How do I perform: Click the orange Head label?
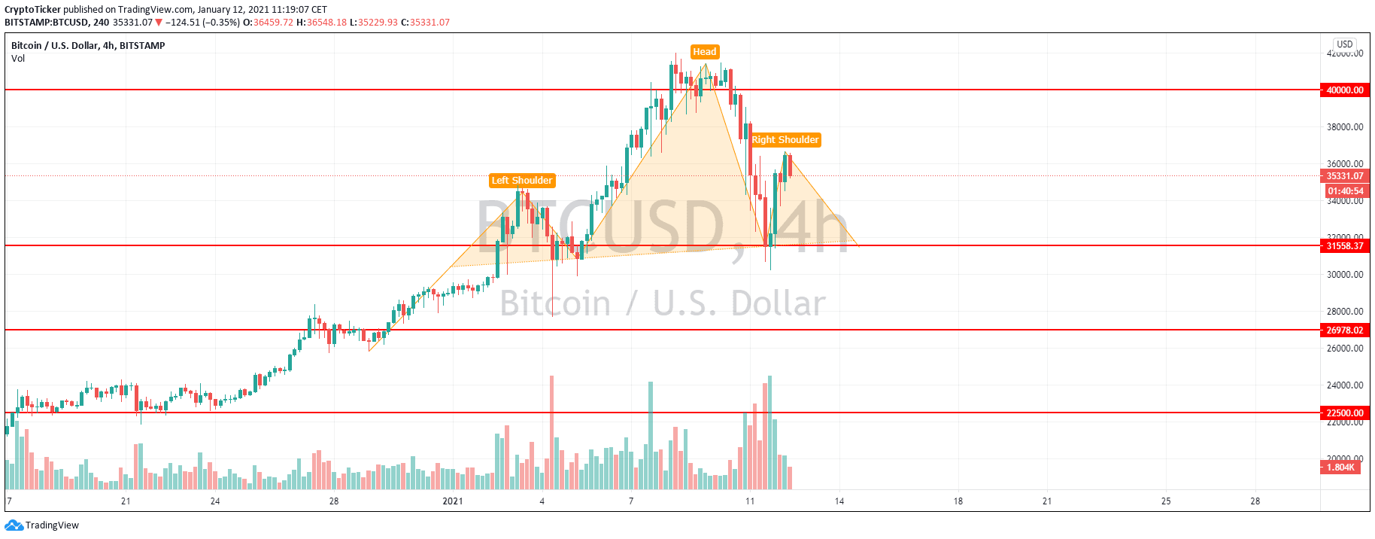704,52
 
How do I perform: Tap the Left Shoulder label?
522,181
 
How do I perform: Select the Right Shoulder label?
785,140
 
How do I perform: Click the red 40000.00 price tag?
1344,90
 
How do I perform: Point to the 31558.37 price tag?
1344,246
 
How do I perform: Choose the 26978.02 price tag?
1344,330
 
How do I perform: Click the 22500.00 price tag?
1344,413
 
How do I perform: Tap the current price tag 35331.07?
1344,176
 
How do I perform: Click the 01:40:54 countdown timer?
1345,191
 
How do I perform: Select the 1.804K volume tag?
1340,467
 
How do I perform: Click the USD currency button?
1345,44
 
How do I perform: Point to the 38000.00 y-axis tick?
1344,127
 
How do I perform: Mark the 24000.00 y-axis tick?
1344,385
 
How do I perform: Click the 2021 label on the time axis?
452,501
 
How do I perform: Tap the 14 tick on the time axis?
839,501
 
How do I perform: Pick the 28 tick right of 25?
1255,501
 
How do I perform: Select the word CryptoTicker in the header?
32,10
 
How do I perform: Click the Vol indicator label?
18,59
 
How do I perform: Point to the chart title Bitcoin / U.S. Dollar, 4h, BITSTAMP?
88,46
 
